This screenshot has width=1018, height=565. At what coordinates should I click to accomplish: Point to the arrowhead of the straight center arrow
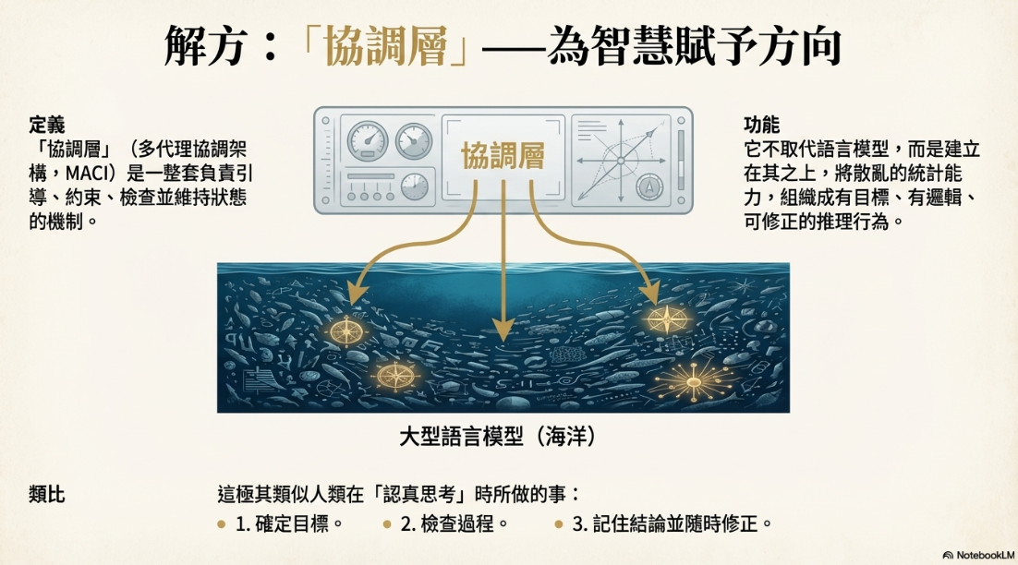[x=503, y=328]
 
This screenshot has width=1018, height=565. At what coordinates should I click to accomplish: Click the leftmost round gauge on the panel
[x=367, y=141]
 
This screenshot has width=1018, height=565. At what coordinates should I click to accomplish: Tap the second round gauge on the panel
[x=413, y=141]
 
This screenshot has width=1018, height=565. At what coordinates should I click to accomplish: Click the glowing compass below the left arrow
[x=345, y=331]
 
